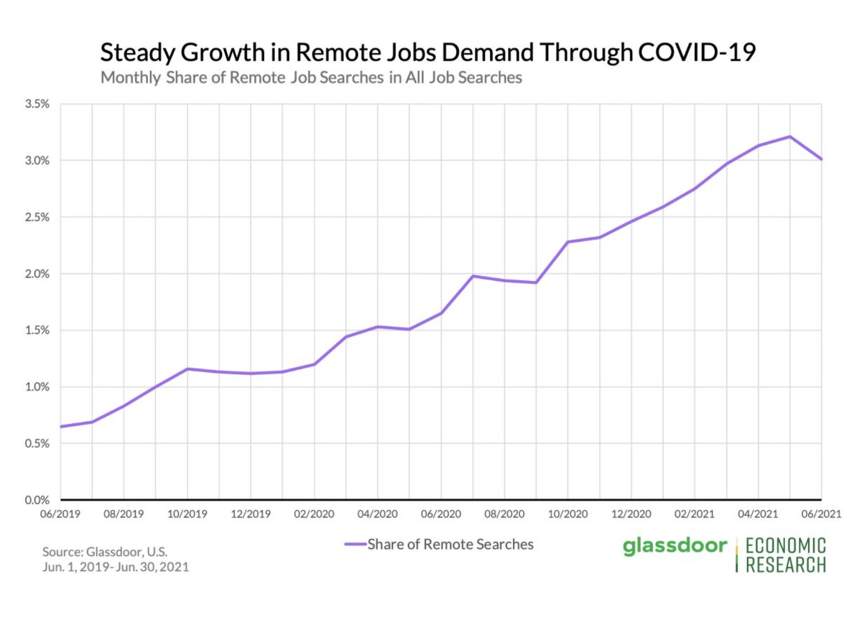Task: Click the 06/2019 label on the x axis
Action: click(60, 515)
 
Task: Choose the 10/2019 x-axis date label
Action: click(187, 515)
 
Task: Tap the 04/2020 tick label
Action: click(377, 515)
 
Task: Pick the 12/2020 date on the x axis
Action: click(631, 515)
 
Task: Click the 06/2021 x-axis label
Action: click(821, 515)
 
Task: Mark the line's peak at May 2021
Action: click(789, 136)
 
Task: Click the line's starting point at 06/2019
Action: click(61, 427)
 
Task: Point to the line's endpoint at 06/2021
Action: click(821, 159)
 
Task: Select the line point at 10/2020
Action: click(567, 242)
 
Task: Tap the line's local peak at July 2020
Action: click(473, 276)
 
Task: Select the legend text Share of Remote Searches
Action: click(450, 545)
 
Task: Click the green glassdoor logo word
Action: click(675, 547)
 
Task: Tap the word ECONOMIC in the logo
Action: click(786, 546)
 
